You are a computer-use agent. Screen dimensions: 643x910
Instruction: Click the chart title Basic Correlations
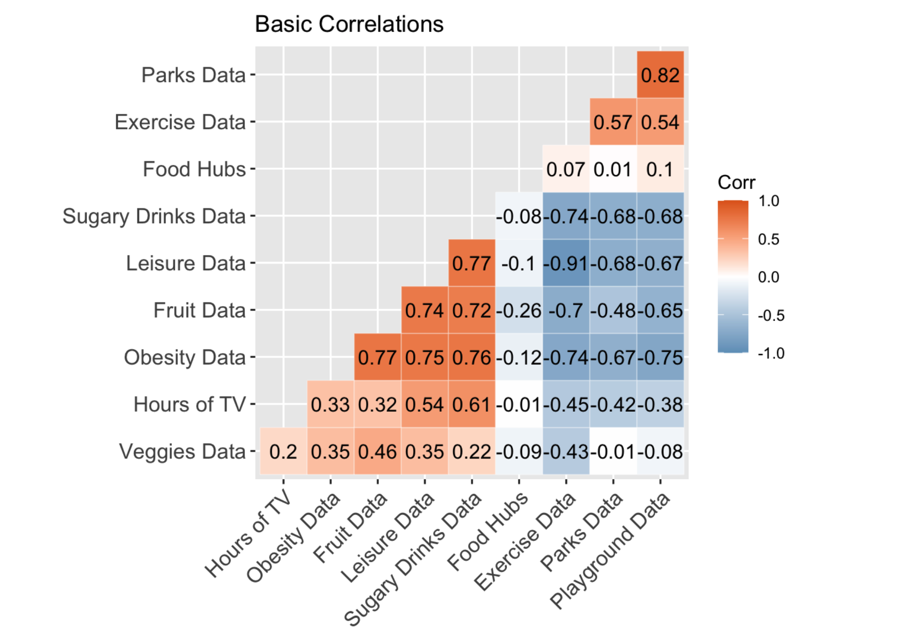pos(349,24)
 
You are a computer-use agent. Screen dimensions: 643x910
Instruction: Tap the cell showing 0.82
pos(660,75)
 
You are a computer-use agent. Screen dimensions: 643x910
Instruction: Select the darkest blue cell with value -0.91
pos(566,263)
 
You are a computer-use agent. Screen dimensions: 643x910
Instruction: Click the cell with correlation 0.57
pos(612,122)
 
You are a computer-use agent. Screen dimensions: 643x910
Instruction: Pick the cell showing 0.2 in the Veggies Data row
pos(283,451)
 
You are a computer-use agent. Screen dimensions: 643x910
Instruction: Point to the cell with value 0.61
pos(471,404)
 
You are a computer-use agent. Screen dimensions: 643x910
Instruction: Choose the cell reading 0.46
pos(377,451)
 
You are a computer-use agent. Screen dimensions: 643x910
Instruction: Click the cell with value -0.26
pos(518,310)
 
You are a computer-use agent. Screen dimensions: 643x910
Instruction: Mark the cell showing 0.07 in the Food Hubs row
pos(565,169)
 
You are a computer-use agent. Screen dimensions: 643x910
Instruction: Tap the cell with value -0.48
pos(613,310)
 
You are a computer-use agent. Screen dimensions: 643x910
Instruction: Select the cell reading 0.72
pos(471,310)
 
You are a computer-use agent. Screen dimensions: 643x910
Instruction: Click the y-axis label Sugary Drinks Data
pos(154,216)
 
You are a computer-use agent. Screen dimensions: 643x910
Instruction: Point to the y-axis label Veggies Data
pos(182,452)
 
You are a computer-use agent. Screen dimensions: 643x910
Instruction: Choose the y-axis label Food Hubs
pos(194,169)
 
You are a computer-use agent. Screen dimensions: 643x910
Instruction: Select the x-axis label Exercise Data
pos(525,542)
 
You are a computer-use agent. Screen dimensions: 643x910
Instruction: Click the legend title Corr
pos(736,183)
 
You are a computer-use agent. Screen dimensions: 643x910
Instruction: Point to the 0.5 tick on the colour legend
pos(768,240)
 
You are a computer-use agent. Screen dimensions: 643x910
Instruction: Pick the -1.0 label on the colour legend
pos(770,353)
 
